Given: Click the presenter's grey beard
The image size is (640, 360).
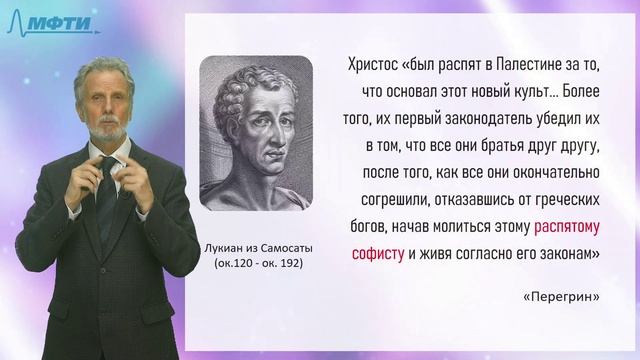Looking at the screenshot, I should click(109, 130).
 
